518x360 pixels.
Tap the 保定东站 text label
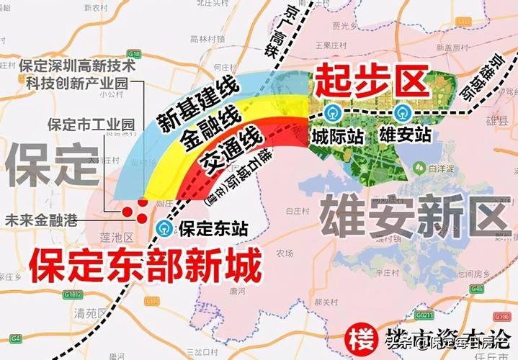pyautogui.click(x=213, y=230)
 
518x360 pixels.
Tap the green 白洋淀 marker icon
pyautogui.click(x=419, y=168)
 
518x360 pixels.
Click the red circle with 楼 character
pyautogui.click(x=358, y=339)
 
